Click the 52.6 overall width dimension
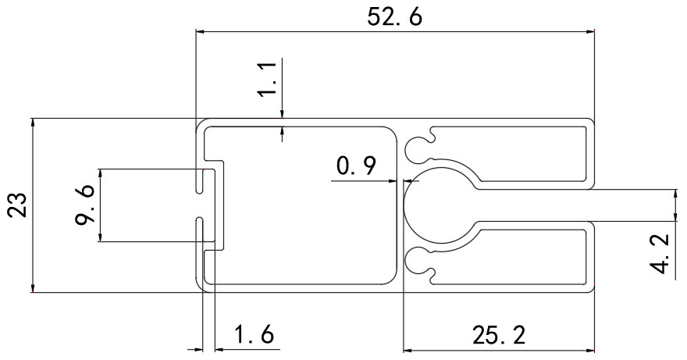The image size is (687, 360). tap(394, 18)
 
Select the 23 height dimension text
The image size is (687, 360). tap(19, 205)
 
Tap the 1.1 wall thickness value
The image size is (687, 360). tap(267, 79)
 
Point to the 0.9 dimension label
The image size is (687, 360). tap(356, 166)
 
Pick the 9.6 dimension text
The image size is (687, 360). tap(84, 205)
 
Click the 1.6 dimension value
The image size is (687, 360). tap(255, 334)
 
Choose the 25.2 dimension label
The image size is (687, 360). tap(498, 336)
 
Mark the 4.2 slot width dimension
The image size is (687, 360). tap(660, 254)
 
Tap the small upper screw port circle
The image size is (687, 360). tap(416, 148)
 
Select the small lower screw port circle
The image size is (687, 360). tap(416, 262)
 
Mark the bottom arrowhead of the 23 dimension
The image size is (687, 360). tap(32, 288)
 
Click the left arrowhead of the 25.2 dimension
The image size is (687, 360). tap(408, 351)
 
